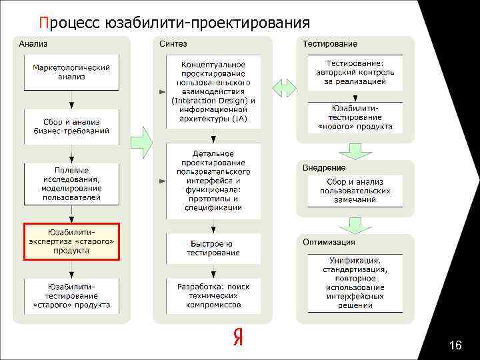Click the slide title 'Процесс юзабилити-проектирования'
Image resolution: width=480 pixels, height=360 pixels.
click(174, 23)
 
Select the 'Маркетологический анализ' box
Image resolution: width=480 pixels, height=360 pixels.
click(71, 72)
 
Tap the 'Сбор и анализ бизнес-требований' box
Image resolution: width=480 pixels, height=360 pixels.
click(71, 126)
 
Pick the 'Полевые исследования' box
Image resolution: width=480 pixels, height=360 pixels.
click(71, 183)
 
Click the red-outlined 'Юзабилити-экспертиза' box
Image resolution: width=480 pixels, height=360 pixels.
click(71, 241)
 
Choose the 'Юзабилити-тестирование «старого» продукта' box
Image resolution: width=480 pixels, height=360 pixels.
click(71, 296)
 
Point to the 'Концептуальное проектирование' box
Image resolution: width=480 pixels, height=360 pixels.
click(213, 91)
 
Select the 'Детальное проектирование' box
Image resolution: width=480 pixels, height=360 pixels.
click(213, 180)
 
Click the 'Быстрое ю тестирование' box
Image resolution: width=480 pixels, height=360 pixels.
click(213, 248)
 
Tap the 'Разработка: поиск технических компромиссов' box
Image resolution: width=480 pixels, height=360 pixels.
click(213, 296)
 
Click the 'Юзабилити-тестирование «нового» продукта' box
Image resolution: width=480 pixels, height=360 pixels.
click(355, 117)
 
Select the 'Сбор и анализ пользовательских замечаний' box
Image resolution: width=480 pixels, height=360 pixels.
click(355, 191)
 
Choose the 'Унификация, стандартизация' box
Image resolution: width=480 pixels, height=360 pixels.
click(355, 283)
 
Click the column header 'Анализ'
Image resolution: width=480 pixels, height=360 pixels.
click(33, 43)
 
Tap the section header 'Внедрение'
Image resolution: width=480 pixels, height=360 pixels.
click(324, 167)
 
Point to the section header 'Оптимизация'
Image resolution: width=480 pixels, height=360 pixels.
click(329, 241)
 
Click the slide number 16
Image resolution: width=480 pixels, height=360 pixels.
click(456, 345)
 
